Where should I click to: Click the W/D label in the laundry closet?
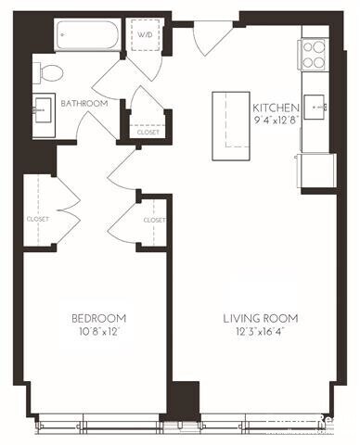pos(147,36)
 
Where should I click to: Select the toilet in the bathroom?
pos(51,71)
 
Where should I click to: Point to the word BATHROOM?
pos(84,104)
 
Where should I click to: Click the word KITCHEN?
pos(276,108)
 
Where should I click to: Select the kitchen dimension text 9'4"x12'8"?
pos(276,119)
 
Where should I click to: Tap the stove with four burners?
pos(314,54)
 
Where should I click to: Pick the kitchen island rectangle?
pos(232,119)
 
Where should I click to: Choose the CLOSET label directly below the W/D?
pos(148,132)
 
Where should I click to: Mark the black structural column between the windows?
pos(184,401)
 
